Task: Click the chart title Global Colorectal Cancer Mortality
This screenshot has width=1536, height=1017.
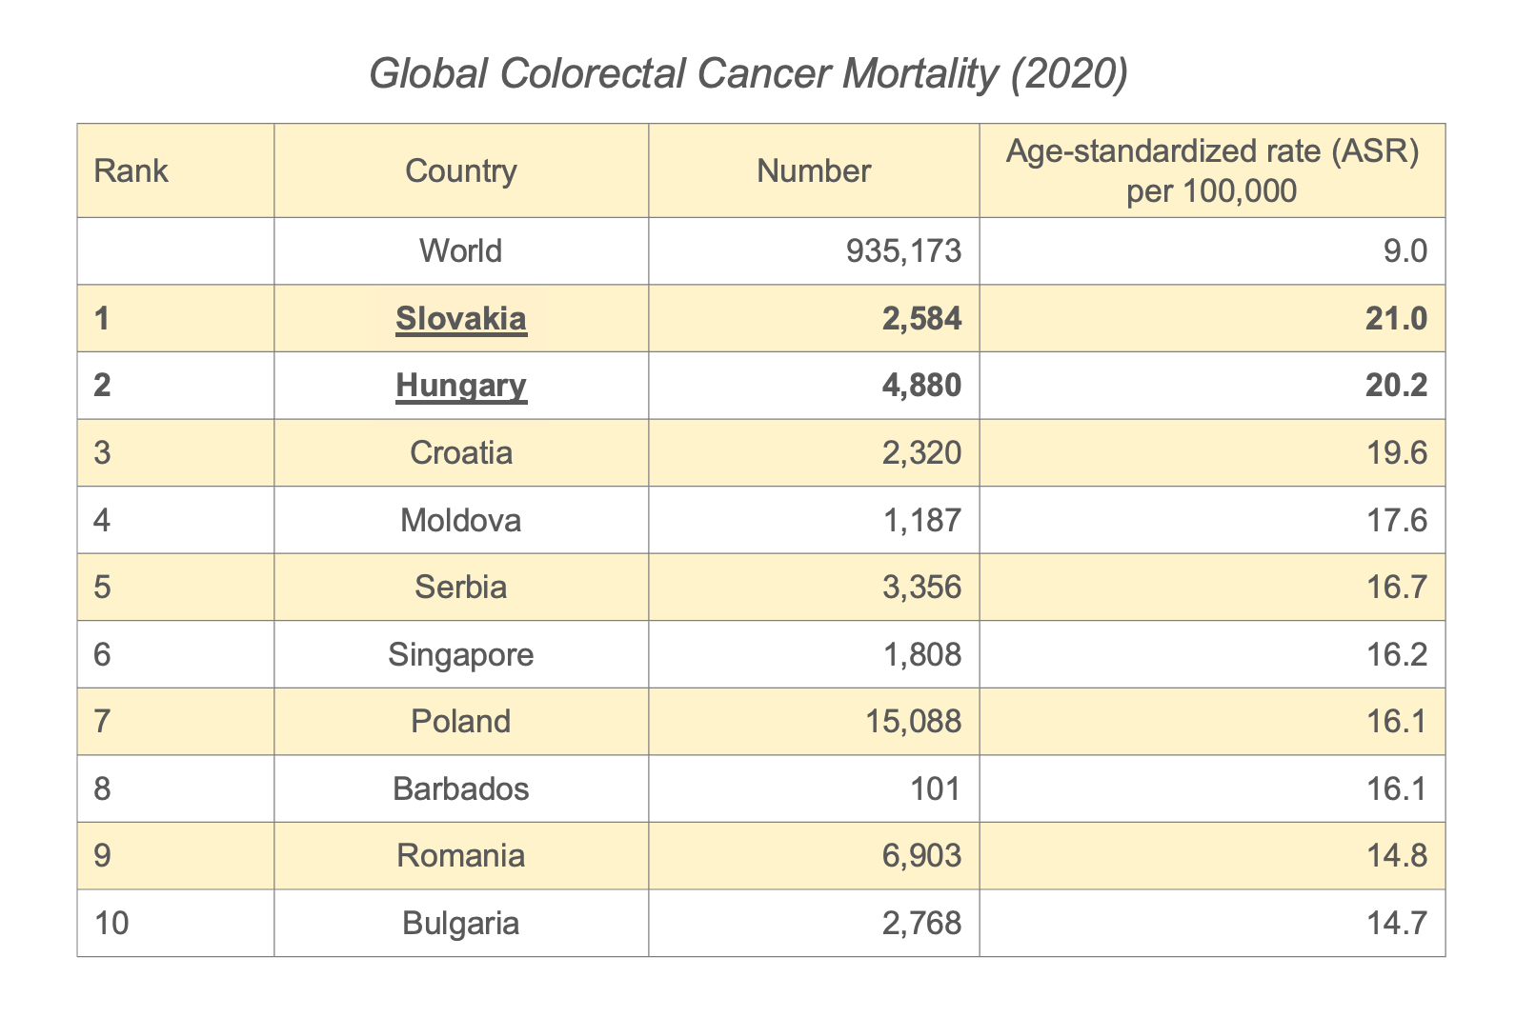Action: (748, 74)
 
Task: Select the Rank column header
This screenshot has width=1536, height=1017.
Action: (131, 171)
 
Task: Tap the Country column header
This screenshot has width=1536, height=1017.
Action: (461, 171)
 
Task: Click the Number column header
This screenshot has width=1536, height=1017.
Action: (814, 171)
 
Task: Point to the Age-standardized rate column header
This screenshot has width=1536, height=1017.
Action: (1212, 171)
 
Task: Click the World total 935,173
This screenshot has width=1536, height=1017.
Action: (903, 251)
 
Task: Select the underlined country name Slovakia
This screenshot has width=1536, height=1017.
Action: (461, 319)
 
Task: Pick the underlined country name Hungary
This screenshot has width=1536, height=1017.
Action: (461, 386)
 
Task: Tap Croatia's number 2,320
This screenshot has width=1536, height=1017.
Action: (921, 453)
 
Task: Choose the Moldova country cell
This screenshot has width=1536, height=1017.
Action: (461, 521)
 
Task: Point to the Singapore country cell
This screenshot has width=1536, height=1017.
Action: (461, 655)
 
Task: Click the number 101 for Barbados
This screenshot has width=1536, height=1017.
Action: (939, 789)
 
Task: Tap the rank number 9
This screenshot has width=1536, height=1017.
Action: (103, 856)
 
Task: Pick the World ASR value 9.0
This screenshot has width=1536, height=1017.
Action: (1407, 251)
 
